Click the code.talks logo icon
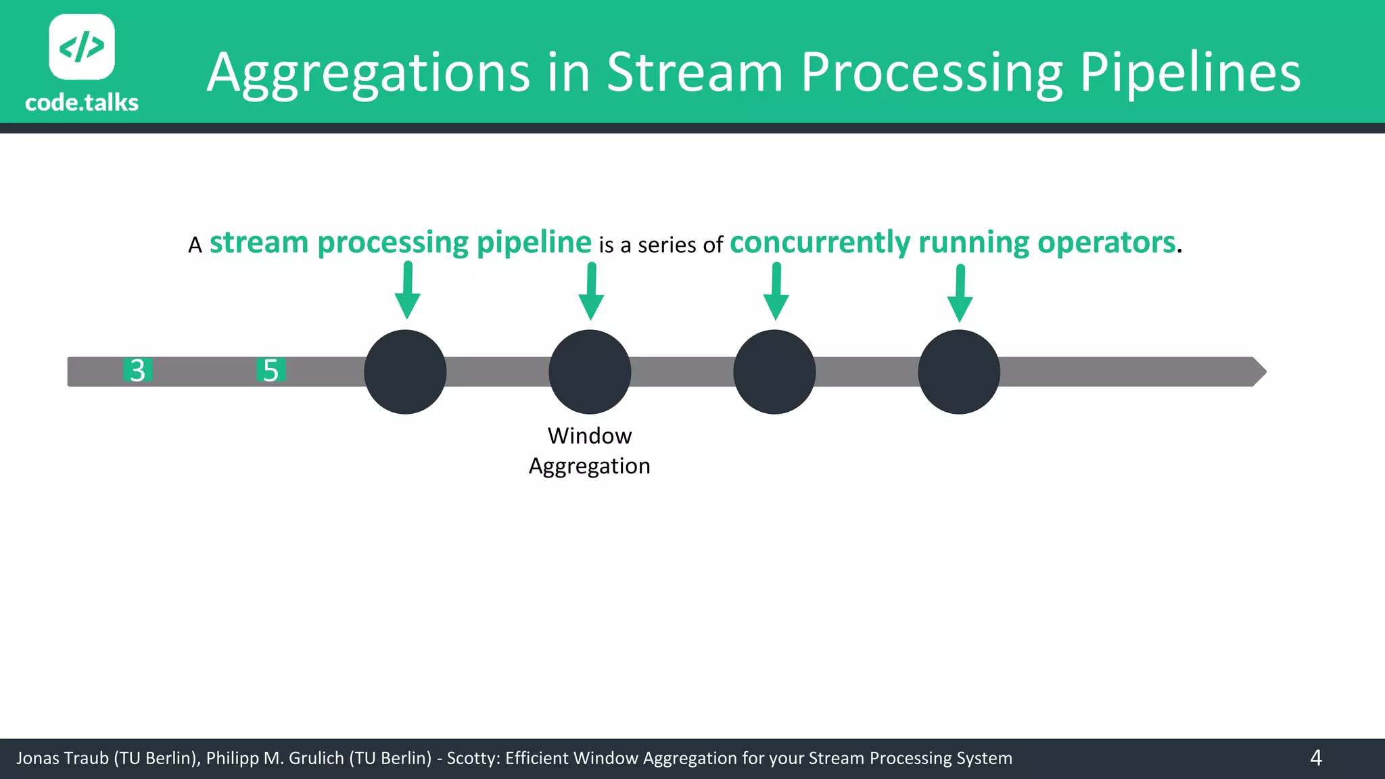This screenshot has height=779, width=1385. (x=82, y=47)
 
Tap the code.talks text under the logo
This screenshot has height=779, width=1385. (x=82, y=103)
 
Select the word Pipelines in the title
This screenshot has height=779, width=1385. (x=1189, y=73)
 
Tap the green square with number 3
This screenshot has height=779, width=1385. (x=138, y=371)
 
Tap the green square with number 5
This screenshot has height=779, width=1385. (x=271, y=371)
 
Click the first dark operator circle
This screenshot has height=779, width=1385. (x=405, y=372)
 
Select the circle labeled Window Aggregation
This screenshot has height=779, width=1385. (x=590, y=372)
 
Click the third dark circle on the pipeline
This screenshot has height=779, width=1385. (x=774, y=372)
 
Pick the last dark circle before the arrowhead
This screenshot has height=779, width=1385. (x=959, y=372)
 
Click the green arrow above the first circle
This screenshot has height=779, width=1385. (x=407, y=291)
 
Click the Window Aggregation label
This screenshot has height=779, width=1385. (x=590, y=451)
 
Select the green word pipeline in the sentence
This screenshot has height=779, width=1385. (x=534, y=243)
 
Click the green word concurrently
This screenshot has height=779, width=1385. (x=820, y=243)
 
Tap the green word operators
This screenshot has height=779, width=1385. (x=1106, y=243)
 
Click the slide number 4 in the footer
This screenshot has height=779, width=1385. (x=1315, y=758)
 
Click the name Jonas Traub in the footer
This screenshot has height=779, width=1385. (x=62, y=758)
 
